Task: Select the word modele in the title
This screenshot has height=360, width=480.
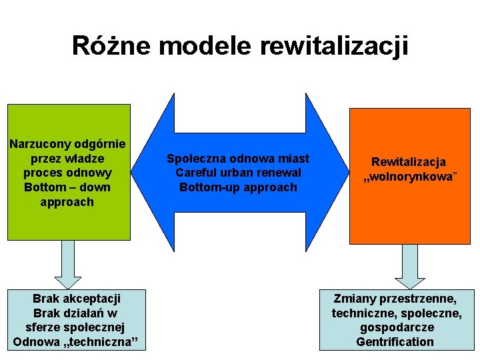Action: pos(204,46)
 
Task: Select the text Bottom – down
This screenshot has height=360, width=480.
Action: pos(67,187)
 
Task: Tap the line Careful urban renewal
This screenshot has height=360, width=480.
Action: pos(238,173)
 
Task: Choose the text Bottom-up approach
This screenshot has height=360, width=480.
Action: pos(238,187)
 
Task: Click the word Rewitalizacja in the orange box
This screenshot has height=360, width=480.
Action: pos(409,162)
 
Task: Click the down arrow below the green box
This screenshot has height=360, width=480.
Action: pos(67,264)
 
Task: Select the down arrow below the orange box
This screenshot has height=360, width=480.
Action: pos(410,265)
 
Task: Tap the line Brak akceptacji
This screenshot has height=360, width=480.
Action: pos(77,299)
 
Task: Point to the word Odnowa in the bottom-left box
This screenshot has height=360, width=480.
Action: pos(34,343)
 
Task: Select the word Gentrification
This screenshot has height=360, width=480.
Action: pos(395,343)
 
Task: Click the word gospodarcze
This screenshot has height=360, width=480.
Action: pos(397,328)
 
